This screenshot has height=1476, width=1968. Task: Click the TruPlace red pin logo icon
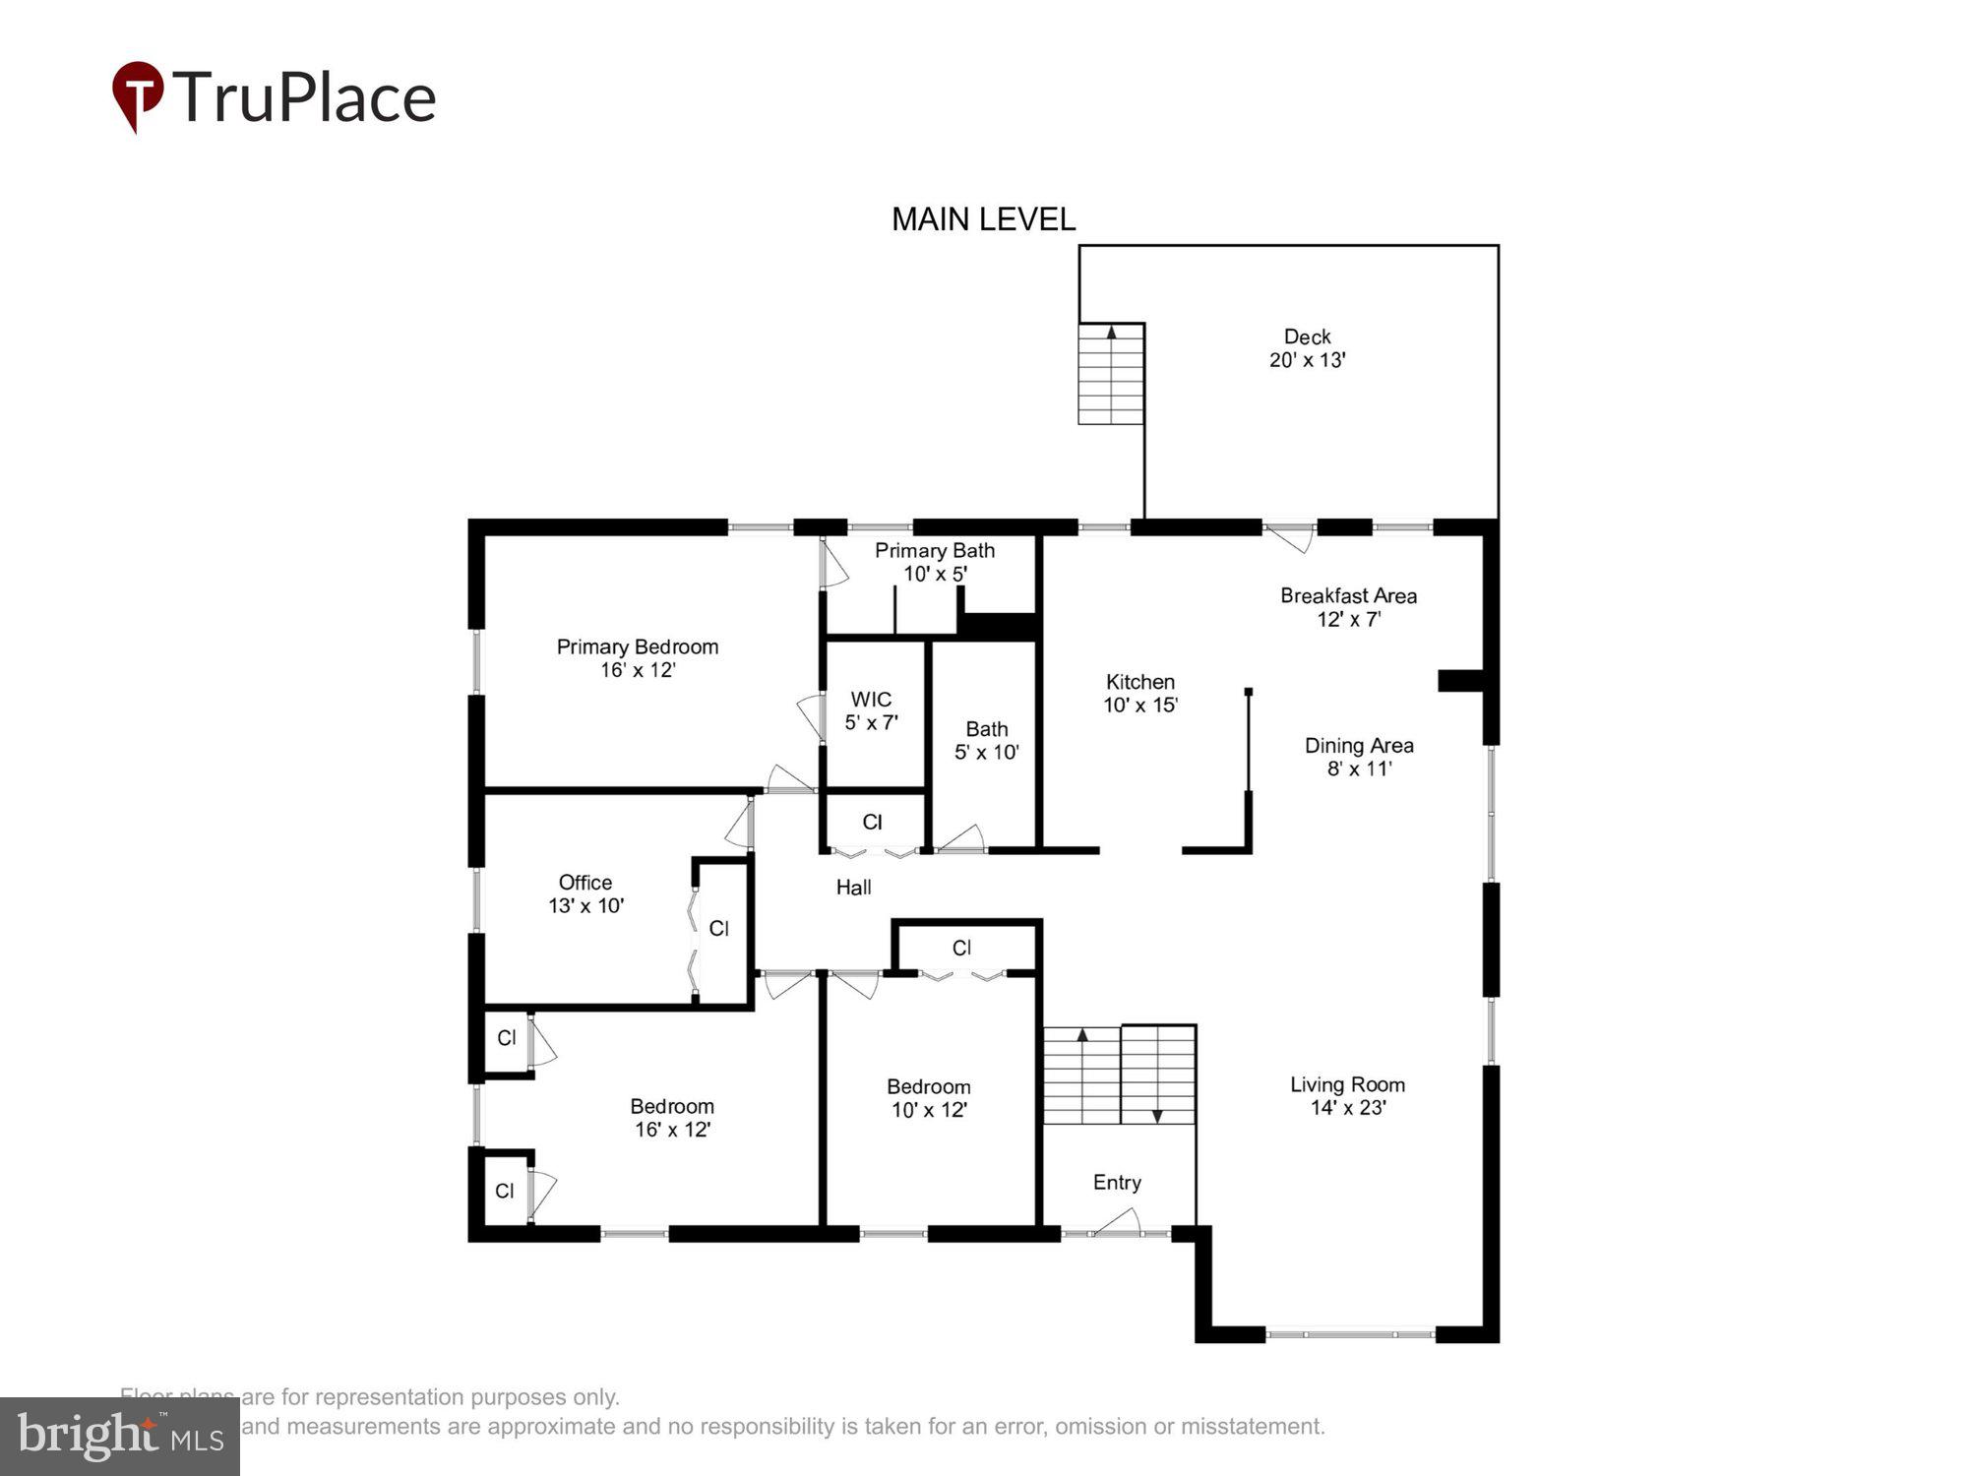138,94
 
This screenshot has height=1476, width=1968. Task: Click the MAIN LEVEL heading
983,219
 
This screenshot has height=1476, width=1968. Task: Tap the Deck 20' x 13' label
1307,348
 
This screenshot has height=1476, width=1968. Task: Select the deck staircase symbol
1111,374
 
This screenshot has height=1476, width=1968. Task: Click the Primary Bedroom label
638,658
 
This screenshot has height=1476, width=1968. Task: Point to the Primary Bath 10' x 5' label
935,562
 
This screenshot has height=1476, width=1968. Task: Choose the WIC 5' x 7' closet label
871,710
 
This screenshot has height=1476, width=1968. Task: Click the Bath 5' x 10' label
986,740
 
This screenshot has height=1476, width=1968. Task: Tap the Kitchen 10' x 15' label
1140,693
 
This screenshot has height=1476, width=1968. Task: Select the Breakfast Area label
1348,607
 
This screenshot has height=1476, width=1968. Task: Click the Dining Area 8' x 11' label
1359,757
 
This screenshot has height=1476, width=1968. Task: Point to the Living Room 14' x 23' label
1347,1095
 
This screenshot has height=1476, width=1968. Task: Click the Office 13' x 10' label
585,893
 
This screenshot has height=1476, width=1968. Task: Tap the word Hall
853,888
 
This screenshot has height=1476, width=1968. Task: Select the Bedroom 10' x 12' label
929,1098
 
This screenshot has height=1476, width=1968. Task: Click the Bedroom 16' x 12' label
672,1118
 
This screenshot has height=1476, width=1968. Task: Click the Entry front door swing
1118,1223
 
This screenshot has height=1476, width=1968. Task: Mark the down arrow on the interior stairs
1157,1115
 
